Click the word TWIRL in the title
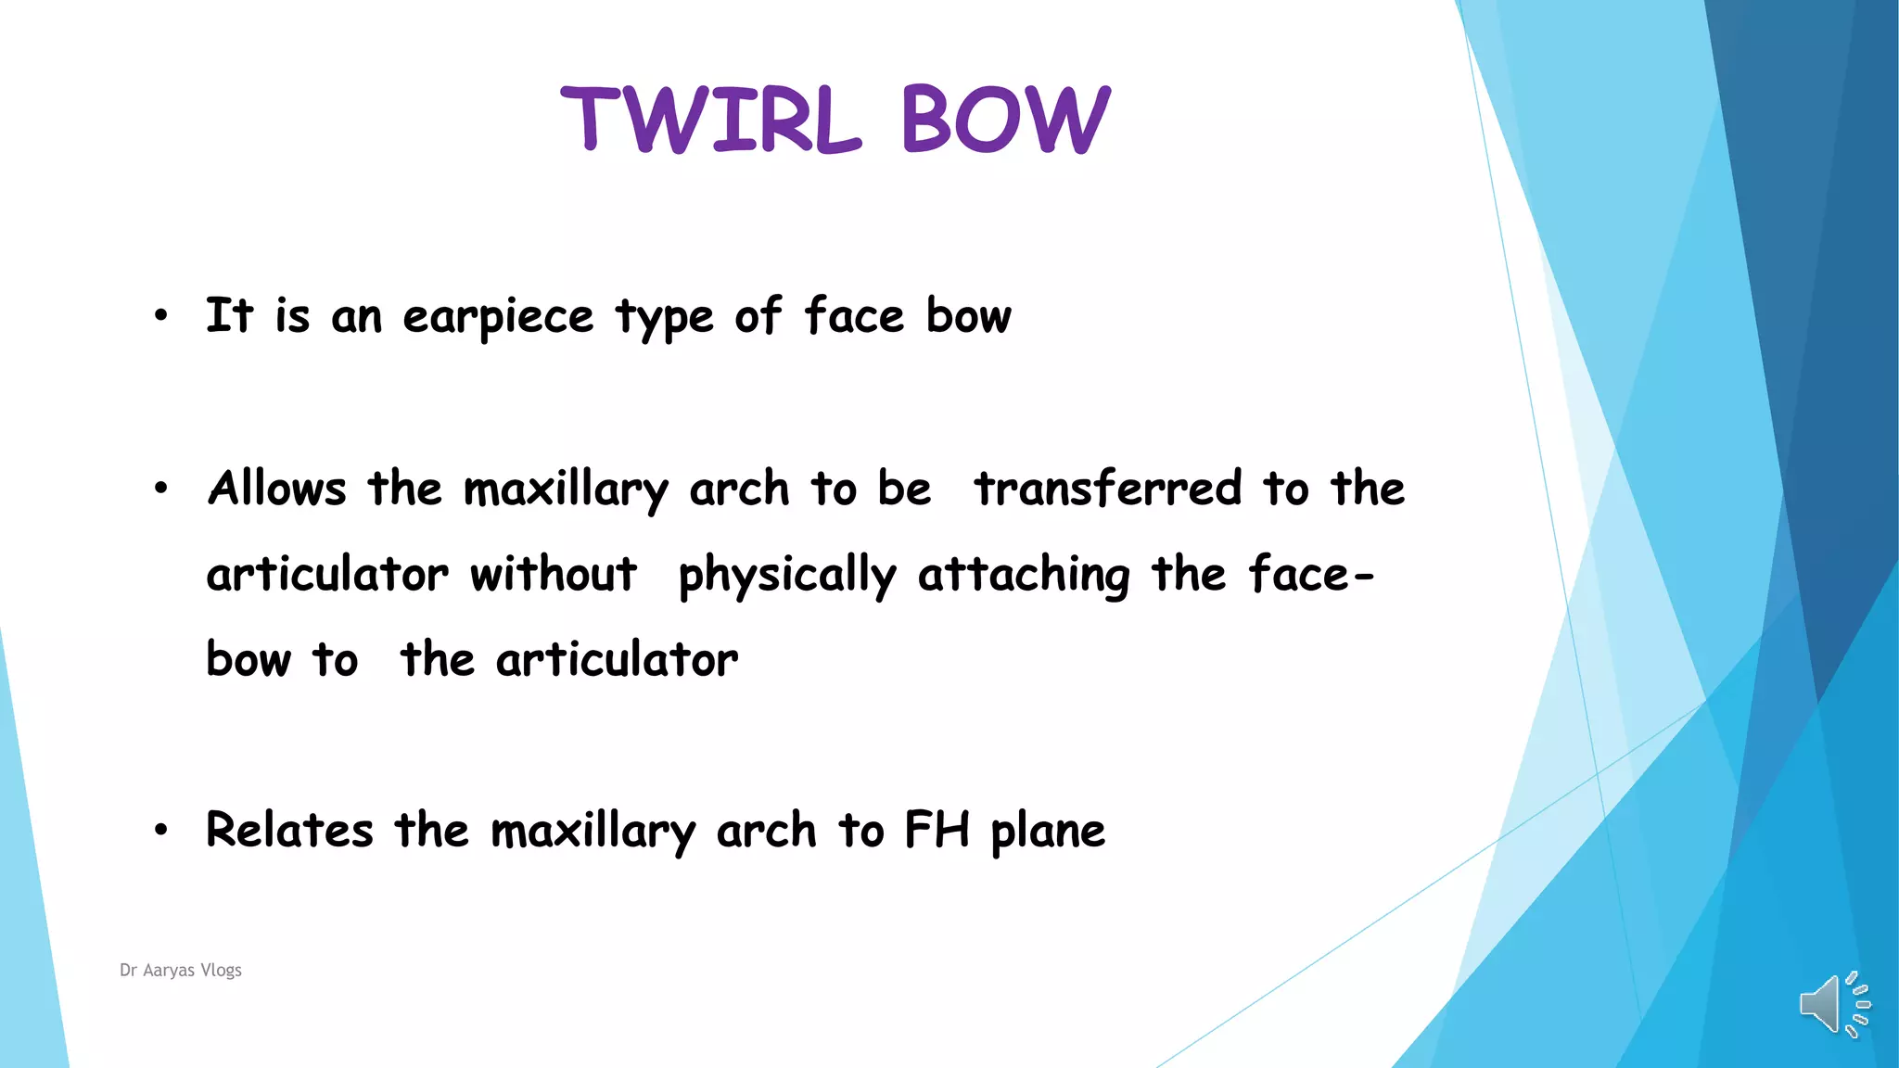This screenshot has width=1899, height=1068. click(711, 120)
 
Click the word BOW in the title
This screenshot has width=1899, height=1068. click(1005, 120)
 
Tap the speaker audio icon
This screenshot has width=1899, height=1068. click(1833, 1004)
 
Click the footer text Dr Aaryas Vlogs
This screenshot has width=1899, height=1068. click(181, 970)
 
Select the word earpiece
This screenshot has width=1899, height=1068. click(498, 317)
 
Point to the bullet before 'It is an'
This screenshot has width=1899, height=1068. click(161, 316)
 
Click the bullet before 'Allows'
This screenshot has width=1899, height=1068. click(161, 489)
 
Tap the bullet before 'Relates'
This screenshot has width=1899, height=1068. click(161, 830)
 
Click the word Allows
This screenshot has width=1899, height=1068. click(277, 489)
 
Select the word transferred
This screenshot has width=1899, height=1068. click(1107, 489)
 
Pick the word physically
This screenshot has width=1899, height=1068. click(787, 575)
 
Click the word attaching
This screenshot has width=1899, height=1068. click(1024, 575)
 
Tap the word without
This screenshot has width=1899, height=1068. click(554, 574)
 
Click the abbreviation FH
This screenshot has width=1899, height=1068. click(937, 830)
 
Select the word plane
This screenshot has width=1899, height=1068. click(1048, 832)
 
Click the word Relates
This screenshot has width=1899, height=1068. click(289, 830)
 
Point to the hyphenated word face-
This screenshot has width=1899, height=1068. click(1310, 574)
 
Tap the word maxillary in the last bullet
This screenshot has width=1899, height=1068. click(593, 832)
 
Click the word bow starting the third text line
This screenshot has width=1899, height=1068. click(249, 659)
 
